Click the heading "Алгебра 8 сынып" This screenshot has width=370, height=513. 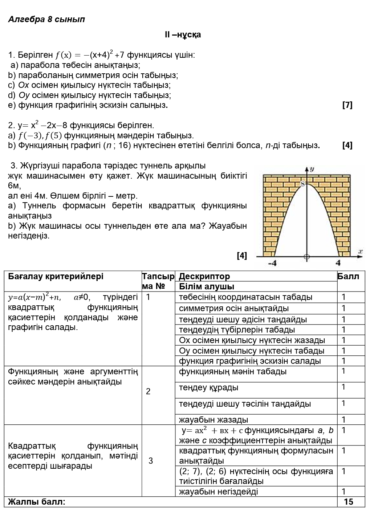tap(46, 19)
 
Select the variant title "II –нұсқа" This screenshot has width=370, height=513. tap(183, 35)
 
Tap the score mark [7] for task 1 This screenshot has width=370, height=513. tap(347, 105)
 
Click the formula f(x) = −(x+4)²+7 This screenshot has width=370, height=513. tap(90, 55)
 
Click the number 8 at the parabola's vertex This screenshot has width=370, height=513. tap(304, 184)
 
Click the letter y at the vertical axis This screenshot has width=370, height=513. tap(312, 169)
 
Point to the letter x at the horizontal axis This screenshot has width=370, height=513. tap(360, 251)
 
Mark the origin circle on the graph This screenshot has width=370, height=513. tap(307, 257)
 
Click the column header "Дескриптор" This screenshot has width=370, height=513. tap(204, 276)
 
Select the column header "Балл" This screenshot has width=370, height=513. tap(348, 276)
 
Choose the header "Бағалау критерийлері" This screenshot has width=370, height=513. tap(56, 276)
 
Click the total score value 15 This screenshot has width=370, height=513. tap(348, 502)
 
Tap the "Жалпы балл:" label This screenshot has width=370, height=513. tap(37, 502)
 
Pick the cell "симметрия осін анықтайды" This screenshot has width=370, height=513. tap(234, 308)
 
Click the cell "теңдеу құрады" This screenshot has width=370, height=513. tap(209, 387)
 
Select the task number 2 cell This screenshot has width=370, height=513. tap(148, 391)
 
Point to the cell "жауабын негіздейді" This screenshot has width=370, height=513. tap(218, 492)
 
